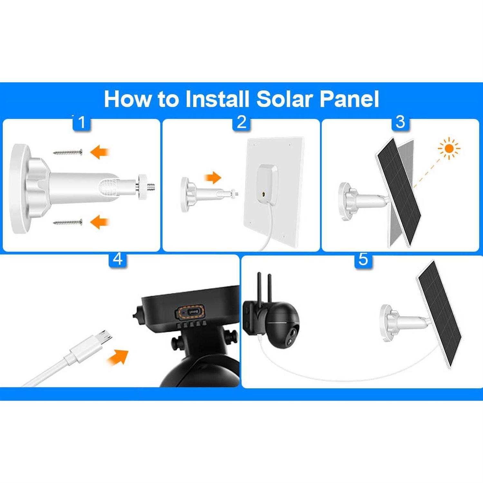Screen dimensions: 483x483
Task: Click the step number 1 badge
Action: (81, 122)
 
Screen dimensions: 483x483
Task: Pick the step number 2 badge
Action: (241, 122)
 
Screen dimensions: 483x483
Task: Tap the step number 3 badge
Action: (400, 122)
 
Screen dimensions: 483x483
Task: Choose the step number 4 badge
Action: (118, 259)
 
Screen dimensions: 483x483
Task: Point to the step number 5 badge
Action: (363, 259)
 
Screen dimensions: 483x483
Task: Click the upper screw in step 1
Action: (68, 152)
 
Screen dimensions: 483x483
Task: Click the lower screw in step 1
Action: (68, 222)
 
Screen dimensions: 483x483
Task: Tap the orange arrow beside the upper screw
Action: (100, 152)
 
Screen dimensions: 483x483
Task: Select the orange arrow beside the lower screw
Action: (100, 222)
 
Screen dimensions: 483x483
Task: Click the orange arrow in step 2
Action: (213, 177)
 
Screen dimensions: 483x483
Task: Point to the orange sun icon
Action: (449, 148)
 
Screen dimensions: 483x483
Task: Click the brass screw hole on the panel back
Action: (264, 194)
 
